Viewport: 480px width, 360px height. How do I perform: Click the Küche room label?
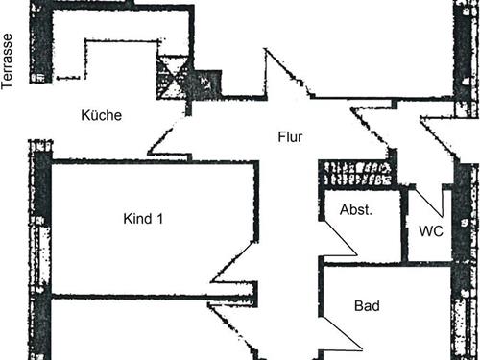pyautogui.click(x=101, y=115)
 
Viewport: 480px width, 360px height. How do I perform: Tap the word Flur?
pyautogui.click(x=290, y=137)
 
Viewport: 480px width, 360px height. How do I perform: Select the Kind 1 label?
pyautogui.click(x=144, y=219)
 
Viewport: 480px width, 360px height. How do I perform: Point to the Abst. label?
pyautogui.click(x=356, y=209)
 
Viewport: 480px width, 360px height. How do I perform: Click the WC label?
pyautogui.click(x=431, y=230)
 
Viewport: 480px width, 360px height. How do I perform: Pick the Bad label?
pyautogui.click(x=367, y=307)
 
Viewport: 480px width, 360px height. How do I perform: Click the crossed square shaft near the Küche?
pyautogui.click(x=174, y=75)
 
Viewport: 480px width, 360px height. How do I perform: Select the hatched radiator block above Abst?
pyautogui.click(x=356, y=174)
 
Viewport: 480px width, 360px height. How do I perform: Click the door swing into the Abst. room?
pyautogui.click(x=338, y=240)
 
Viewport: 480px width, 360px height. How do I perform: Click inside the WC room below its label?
pyautogui.click(x=431, y=250)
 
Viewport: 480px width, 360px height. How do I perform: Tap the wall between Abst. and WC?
pyautogui.click(x=404, y=226)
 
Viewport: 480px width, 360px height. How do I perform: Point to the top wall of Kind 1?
pyautogui.click(x=154, y=162)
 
